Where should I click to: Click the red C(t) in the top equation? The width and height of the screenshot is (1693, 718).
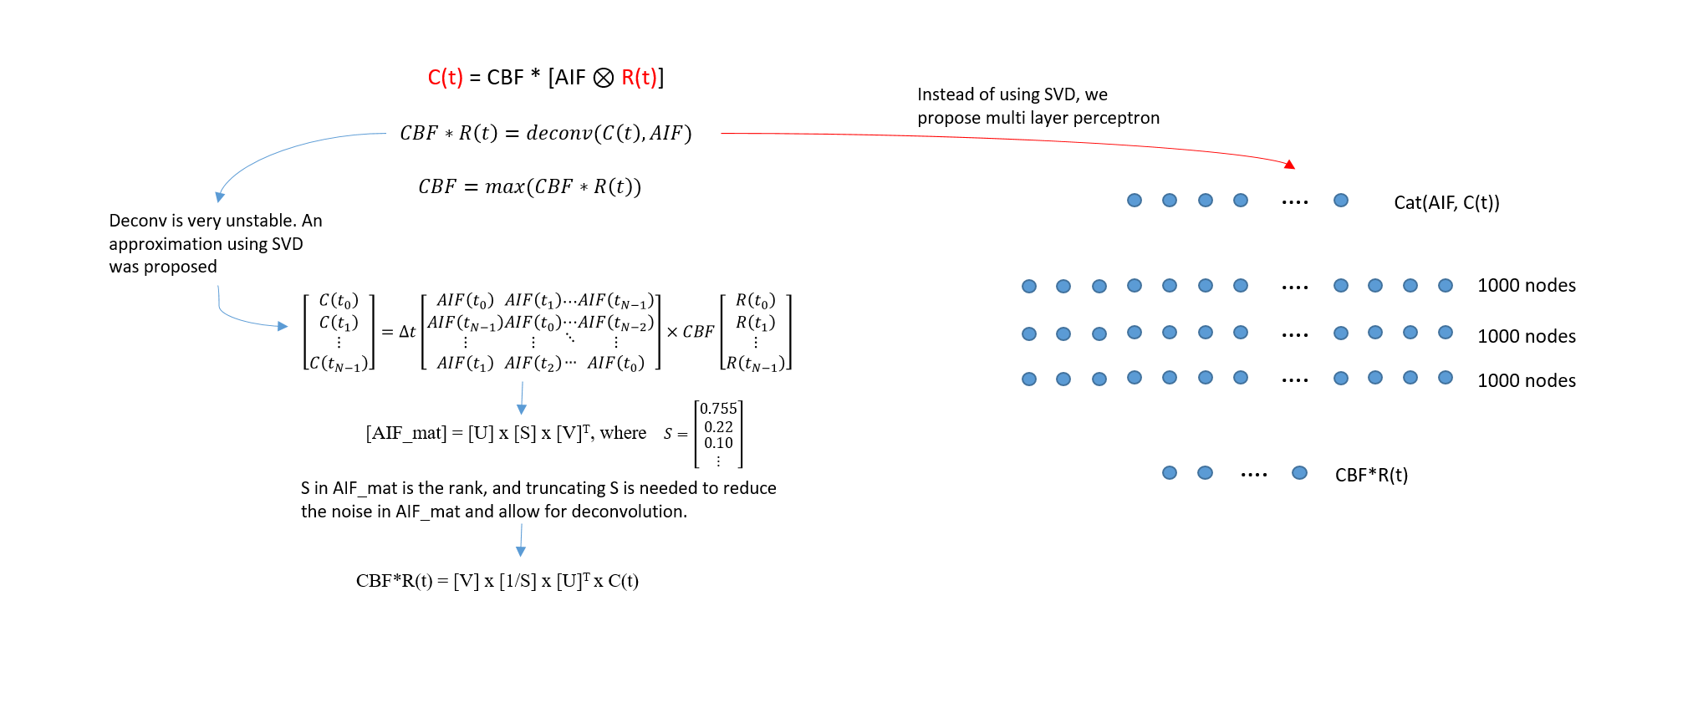pyautogui.click(x=445, y=78)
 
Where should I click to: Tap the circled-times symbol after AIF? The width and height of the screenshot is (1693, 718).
pyautogui.click(x=603, y=78)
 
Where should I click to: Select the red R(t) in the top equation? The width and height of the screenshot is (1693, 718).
pyautogui.click(x=640, y=78)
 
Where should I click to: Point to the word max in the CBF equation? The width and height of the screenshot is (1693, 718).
pyautogui.click(x=505, y=186)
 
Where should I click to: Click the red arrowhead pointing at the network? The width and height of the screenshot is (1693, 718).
pyautogui.click(x=1290, y=165)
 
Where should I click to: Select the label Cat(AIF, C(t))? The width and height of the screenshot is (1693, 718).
pyautogui.click(x=1446, y=202)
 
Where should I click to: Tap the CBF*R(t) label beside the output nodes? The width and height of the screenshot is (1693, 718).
pyautogui.click(x=1371, y=475)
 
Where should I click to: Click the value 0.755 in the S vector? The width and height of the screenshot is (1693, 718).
pyautogui.click(x=718, y=409)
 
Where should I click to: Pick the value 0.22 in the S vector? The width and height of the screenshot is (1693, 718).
pyautogui.click(x=718, y=427)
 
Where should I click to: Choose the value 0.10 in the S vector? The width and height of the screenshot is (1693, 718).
pyautogui.click(x=718, y=443)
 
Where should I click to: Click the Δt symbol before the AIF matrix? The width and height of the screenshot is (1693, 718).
pyautogui.click(x=407, y=332)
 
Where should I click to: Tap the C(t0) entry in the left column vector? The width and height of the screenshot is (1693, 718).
pyautogui.click(x=339, y=301)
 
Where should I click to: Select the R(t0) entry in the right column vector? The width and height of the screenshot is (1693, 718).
pyautogui.click(x=755, y=301)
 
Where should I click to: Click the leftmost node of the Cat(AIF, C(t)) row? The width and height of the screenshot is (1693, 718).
pyautogui.click(x=1135, y=201)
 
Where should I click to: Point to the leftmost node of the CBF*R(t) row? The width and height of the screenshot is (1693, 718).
pyautogui.click(x=1170, y=473)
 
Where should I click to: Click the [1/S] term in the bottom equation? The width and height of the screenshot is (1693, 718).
pyautogui.click(x=518, y=581)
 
